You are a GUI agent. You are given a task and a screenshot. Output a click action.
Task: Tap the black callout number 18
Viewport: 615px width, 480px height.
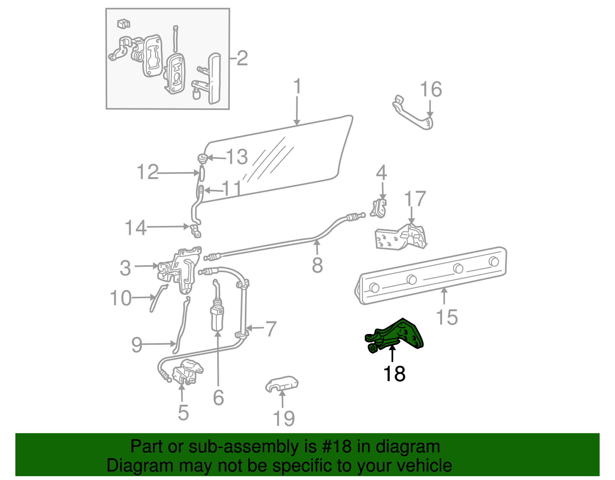tap(394, 374)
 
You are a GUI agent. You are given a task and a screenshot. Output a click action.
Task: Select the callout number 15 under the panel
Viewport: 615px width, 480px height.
tap(447, 317)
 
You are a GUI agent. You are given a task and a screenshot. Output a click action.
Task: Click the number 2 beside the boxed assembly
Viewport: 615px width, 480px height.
tap(242, 58)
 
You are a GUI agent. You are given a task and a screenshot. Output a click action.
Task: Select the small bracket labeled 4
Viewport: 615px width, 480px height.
tap(379, 208)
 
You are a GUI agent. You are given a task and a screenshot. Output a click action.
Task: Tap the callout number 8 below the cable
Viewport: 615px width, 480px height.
tap(317, 265)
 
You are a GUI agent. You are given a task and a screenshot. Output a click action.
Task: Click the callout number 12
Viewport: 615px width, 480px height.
tap(148, 172)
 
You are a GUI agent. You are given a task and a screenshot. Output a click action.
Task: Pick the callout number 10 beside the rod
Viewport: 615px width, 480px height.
tap(121, 298)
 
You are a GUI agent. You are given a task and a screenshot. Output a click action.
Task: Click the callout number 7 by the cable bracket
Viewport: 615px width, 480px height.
tap(271, 329)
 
